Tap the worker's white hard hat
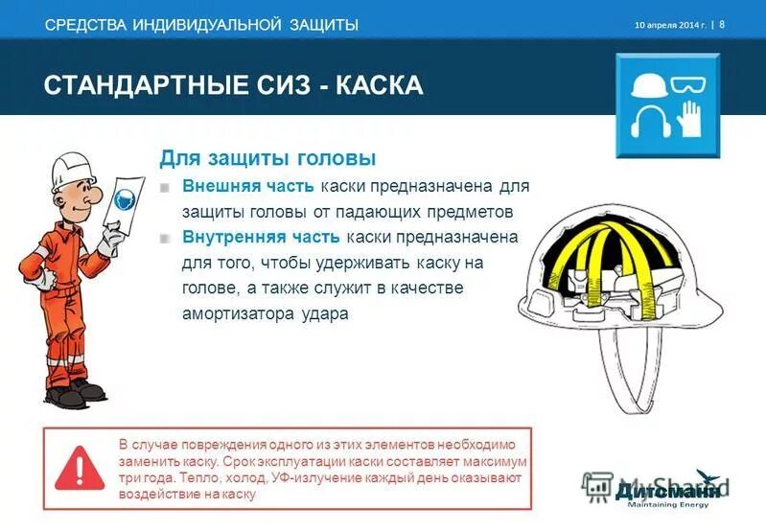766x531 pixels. click(x=69, y=171)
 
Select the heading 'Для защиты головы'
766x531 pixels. click(x=267, y=158)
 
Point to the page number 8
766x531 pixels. click(x=722, y=24)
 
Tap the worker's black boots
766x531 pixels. click(x=72, y=392)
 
